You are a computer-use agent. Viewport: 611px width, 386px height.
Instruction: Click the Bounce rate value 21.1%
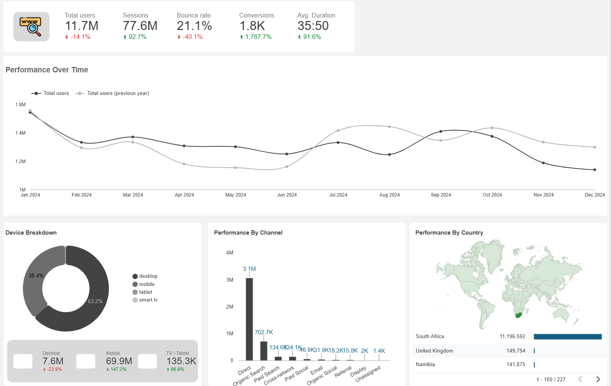[x=194, y=26]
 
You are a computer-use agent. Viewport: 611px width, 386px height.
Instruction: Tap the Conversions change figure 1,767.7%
[x=258, y=37]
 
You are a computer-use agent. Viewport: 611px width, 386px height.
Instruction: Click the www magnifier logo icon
[x=31, y=26]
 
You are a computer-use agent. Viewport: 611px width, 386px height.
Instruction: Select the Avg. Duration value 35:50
[x=313, y=26]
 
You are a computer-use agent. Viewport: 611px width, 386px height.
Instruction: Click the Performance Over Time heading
[x=47, y=70]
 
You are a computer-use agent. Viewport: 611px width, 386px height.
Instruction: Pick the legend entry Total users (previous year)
[x=118, y=93]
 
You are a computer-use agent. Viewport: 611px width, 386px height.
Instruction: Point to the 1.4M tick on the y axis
[x=21, y=133]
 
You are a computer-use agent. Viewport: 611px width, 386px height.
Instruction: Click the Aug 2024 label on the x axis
[x=389, y=195]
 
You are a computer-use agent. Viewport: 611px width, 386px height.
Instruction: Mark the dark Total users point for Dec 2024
[x=595, y=170]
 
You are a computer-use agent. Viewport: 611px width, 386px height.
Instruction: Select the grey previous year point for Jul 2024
[x=338, y=131]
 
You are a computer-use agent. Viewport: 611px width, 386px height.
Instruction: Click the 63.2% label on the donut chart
[x=95, y=301]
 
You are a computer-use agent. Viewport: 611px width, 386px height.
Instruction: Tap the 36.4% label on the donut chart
[x=36, y=275]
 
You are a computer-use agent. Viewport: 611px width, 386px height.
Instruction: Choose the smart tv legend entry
[x=148, y=300]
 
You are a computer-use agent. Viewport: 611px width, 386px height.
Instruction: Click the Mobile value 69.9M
[x=119, y=361]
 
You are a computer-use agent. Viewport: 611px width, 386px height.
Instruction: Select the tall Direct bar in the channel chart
[x=249, y=319]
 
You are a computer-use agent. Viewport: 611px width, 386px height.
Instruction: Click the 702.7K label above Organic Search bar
[x=264, y=332]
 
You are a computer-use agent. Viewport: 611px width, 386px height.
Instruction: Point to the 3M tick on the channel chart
[x=230, y=280]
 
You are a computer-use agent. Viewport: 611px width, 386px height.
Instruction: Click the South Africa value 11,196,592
[x=512, y=337]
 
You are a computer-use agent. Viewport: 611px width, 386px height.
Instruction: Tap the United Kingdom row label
[x=434, y=351]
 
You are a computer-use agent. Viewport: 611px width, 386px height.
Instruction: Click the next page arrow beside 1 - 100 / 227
[x=598, y=379]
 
